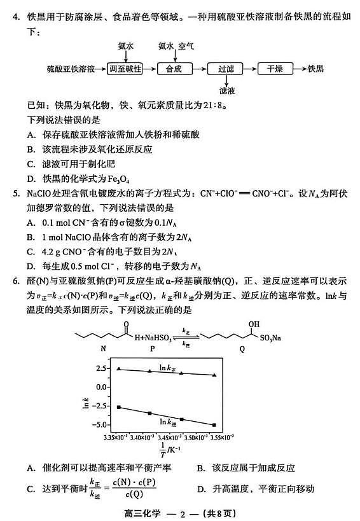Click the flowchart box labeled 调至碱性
(x=125, y=67)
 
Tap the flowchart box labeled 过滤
(x=226, y=67)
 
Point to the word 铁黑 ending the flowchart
(x=316, y=67)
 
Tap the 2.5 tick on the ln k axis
(x=99, y=368)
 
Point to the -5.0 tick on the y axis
(x=97, y=424)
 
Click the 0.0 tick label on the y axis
(x=99, y=387)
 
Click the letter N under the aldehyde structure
(x=103, y=349)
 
